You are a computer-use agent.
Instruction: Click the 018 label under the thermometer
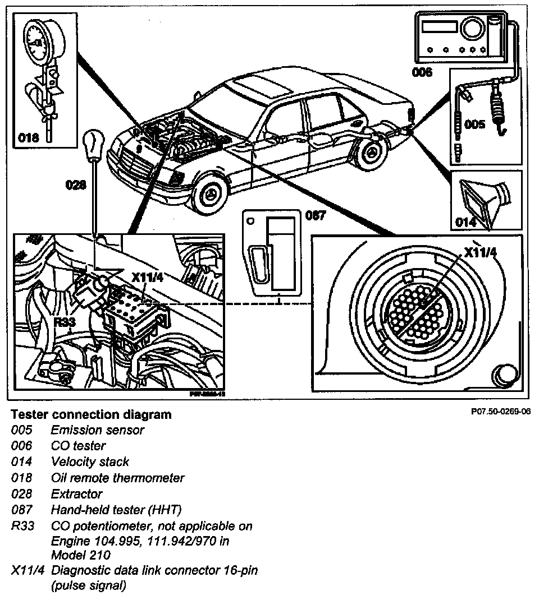point(30,137)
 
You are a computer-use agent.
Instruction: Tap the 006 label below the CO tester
point(422,72)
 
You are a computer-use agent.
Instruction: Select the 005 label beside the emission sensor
point(475,124)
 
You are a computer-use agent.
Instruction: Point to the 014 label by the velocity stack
point(466,222)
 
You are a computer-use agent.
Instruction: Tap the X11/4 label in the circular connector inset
point(481,252)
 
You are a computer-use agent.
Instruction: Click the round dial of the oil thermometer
point(39,40)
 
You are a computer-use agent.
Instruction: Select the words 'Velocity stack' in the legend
point(90,462)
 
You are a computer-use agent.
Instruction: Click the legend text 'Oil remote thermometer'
point(117,478)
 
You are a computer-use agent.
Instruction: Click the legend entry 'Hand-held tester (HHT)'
point(116,510)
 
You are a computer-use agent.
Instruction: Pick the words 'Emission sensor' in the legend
point(97,430)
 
